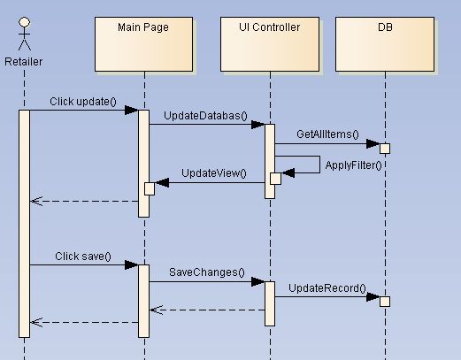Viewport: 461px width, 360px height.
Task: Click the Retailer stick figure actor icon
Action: (24, 34)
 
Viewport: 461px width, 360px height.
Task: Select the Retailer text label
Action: (24, 61)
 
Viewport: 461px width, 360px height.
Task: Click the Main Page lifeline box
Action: (142, 44)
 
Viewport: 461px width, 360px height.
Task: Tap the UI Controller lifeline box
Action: (269, 44)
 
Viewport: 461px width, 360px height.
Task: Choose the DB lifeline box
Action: (385, 44)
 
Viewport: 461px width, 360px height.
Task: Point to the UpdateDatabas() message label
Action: (205, 116)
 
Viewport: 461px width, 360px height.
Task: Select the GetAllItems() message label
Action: (327, 134)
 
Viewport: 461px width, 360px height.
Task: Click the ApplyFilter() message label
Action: (353, 165)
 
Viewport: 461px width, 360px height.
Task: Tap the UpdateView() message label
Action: (213, 173)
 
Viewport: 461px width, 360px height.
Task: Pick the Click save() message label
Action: (83, 256)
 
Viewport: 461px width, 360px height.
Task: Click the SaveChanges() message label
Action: (207, 272)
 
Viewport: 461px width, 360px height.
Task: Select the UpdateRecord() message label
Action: (327, 287)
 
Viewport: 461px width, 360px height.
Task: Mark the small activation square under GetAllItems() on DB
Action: (385, 148)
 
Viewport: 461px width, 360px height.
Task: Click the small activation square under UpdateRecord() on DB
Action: (385, 302)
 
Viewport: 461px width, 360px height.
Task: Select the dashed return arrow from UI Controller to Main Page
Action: (207, 310)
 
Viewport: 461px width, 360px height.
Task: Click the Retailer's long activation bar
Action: (25, 221)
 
